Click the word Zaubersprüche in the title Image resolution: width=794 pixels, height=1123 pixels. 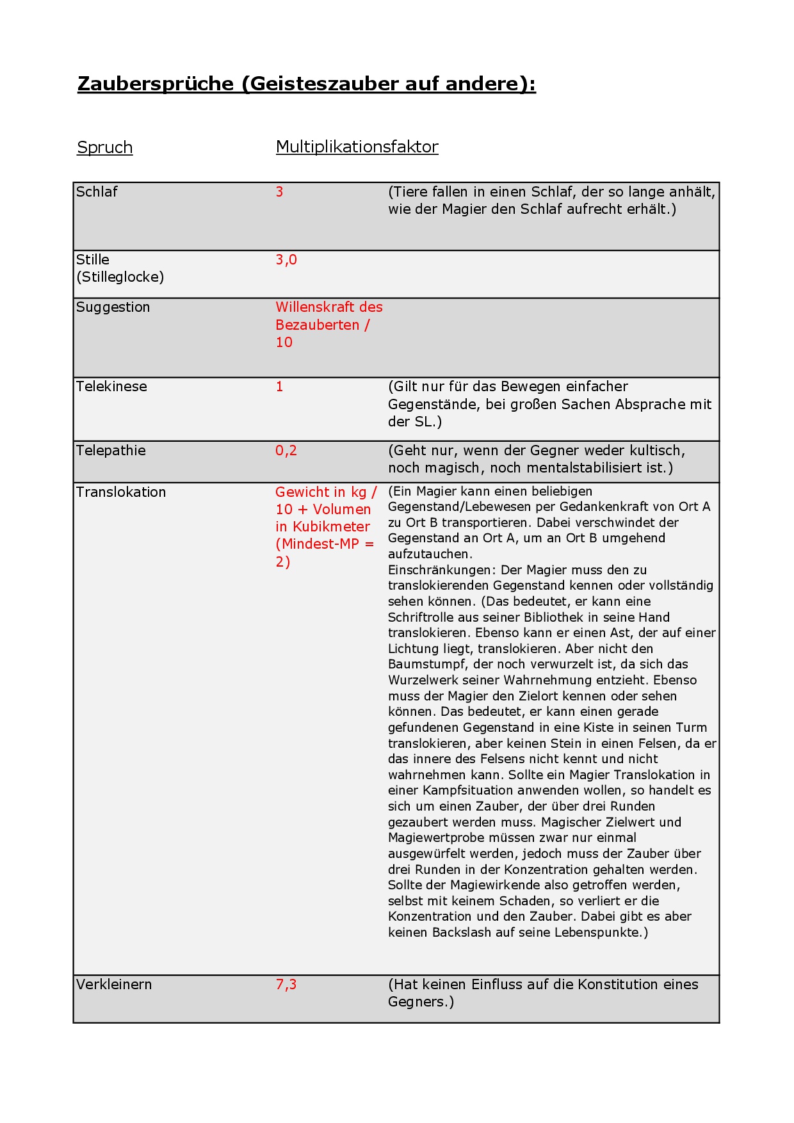point(156,84)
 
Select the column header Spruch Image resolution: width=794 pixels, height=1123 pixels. point(104,147)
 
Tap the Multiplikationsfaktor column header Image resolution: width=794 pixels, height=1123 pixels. point(357,147)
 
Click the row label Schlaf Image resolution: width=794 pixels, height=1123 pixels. point(97,191)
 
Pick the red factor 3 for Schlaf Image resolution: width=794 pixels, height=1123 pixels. point(279,191)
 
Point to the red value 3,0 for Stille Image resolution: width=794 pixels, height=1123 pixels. point(286,259)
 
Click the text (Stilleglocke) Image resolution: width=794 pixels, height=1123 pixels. point(120,277)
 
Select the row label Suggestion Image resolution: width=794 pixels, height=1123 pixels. point(113,307)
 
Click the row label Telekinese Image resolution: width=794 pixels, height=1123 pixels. point(111,386)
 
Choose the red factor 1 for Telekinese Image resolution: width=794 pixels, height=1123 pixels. point(279,386)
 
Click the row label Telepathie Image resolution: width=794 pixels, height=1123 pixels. point(111,450)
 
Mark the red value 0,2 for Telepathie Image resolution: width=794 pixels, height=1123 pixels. point(286,450)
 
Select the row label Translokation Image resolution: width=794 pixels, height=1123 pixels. point(121,492)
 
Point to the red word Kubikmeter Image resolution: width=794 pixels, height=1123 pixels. point(331,526)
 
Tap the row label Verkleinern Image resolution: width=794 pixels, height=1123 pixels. point(114,984)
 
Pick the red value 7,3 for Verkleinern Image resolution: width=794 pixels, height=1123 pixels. point(286,984)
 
